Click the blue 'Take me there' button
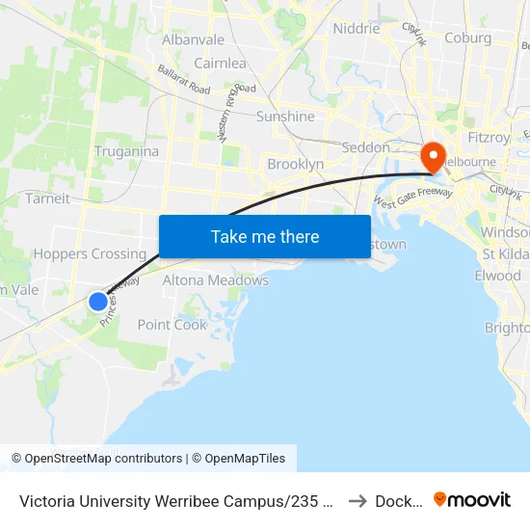click(265, 236)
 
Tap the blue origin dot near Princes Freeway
click(98, 302)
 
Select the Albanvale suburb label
click(193, 40)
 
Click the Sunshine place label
click(285, 117)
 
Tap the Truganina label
click(126, 151)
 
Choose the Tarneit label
click(47, 199)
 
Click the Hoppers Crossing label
click(90, 254)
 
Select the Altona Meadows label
click(216, 280)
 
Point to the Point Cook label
click(172, 325)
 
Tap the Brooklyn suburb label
click(295, 164)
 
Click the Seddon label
click(366, 147)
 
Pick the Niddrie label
click(356, 28)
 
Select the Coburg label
click(467, 39)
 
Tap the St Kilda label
click(504, 254)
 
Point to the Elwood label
click(497, 276)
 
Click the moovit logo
click(472, 499)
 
